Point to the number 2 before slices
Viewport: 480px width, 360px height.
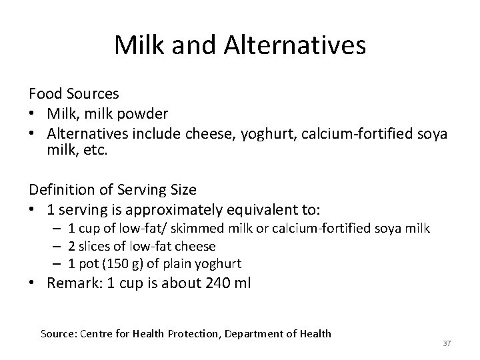[x=72, y=246]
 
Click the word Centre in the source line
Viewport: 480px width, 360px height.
[x=97, y=333]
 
